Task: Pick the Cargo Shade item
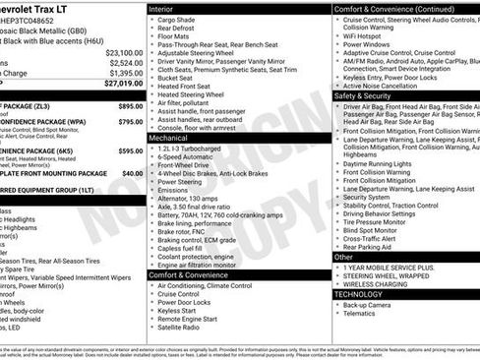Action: (177, 20)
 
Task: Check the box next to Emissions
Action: (152, 188)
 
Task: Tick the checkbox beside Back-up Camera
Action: (337, 306)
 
